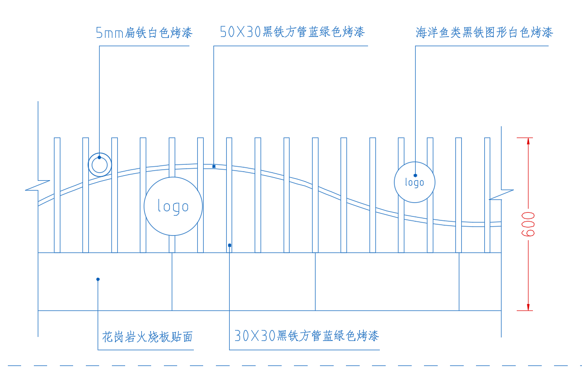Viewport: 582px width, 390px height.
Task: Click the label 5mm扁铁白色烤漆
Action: tap(144, 33)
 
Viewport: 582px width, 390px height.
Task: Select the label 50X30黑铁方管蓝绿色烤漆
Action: tap(292, 32)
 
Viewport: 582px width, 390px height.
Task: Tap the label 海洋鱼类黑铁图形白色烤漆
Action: tap(484, 33)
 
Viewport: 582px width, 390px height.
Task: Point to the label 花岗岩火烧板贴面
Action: tap(147, 337)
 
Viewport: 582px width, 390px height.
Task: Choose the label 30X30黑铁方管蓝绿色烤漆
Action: tap(306, 336)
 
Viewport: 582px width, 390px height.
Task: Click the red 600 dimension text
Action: tap(529, 224)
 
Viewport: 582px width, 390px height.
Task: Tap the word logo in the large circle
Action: tap(173, 206)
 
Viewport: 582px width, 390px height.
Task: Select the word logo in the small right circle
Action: tap(415, 183)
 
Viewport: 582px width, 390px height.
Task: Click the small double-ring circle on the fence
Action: tap(100, 165)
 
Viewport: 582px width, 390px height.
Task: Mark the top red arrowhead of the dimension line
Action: tap(528, 141)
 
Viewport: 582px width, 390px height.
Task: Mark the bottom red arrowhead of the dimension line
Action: tap(528, 306)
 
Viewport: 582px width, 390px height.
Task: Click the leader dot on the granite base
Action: tap(98, 279)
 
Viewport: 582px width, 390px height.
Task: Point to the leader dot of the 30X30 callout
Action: tap(229, 245)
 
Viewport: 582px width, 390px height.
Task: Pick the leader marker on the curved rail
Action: tap(213, 167)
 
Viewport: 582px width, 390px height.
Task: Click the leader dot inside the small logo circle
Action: tap(415, 175)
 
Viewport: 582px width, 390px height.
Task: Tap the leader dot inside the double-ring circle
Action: tap(99, 158)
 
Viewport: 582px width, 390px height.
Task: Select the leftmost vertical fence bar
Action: tap(57, 195)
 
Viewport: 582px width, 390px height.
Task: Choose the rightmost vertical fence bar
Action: tap(487, 195)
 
